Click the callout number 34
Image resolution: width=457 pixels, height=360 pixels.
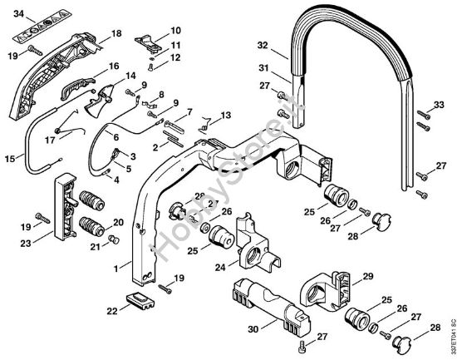(x=19, y=15)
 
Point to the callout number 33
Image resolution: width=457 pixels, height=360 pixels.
(x=442, y=106)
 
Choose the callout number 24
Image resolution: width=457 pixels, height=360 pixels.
(x=222, y=268)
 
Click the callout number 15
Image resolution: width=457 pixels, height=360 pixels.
(x=11, y=158)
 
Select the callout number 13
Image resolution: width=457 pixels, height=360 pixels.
(x=225, y=115)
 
